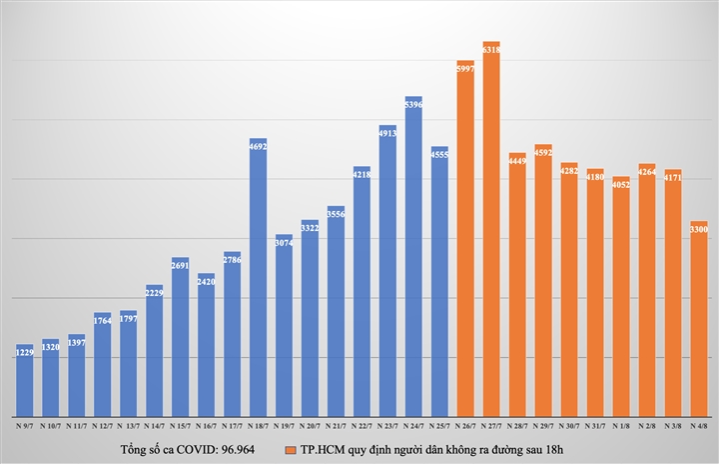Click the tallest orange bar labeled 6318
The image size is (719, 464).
click(x=491, y=230)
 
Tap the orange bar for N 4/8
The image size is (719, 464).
click(x=699, y=320)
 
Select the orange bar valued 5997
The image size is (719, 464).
click(x=465, y=240)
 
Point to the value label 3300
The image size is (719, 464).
click(x=699, y=230)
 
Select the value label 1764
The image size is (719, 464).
click(x=102, y=320)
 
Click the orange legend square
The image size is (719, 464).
click(x=290, y=450)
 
